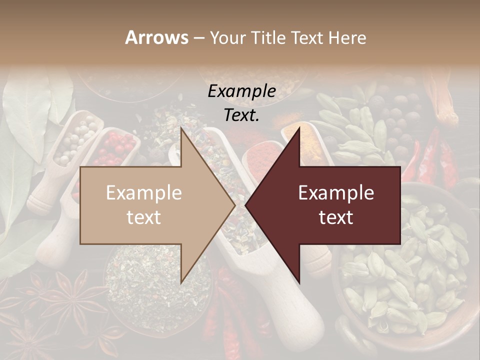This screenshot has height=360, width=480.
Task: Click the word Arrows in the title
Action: click(157, 37)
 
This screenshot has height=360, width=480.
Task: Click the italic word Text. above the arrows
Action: click(242, 115)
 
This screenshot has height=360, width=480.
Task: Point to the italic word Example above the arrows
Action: click(242, 91)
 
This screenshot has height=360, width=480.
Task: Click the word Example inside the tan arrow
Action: click(144, 193)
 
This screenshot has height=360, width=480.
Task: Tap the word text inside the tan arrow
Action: click(144, 217)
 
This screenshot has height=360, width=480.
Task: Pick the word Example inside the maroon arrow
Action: click(336, 193)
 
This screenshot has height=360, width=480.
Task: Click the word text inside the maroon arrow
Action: click(336, 217)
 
